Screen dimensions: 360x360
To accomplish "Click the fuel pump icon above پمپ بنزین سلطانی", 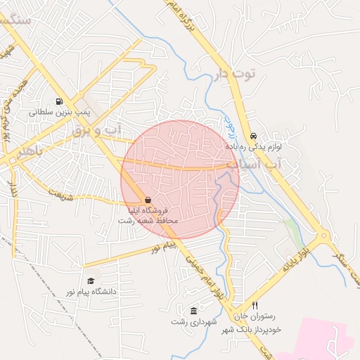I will point(58,101).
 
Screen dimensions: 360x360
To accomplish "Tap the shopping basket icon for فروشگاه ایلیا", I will point(147,200).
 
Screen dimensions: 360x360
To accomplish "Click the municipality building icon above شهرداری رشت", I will point(193,311).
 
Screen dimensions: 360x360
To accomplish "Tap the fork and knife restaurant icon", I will point(255,306).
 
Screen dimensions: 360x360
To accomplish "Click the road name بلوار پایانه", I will point(296,262).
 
